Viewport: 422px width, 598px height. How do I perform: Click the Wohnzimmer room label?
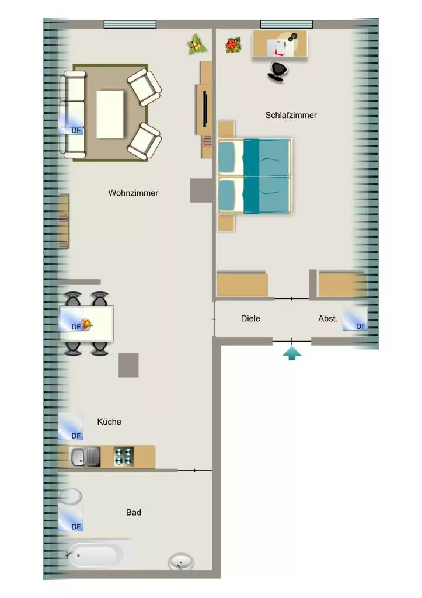pyautogui.click(x=133, y=193)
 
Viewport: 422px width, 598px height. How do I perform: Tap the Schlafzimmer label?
pyautogui.click(x=291, y=115)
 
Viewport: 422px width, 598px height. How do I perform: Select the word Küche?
pyautogui.click(x=109, y=422)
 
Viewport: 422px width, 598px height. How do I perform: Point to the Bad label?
pyautogui.click(x=134, y=512)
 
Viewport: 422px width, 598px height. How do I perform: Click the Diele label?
pyautogui.click(x=250, y=318)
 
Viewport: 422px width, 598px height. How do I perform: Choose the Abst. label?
pyautogui.click(x=328, y=318)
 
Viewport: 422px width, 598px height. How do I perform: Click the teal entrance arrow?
pyautogui.click(x=292, y=353)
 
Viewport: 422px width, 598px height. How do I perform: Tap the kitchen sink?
pyautogui.click(x=85, y=457)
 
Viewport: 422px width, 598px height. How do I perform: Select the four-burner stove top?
pyautogui.click(x=124, y=457)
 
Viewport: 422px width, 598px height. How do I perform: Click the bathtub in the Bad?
pyautogui.click(x=95, y=555)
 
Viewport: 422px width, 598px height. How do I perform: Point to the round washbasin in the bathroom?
pyautogui.click(x=181, y=562)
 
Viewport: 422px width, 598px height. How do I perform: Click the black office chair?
pyautogui.click(x=277, y=72)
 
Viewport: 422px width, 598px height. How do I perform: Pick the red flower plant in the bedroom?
pyautogui.click(x=233, y=46)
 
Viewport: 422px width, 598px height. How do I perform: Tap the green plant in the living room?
pyautogui.click(x=197, y=44)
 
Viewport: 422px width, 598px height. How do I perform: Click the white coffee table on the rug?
pyautogui.click(x=110, y=114)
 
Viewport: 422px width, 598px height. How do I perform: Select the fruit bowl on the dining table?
pyautogui.click(x=87, y=325)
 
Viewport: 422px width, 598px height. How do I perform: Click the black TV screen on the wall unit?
pyautogui.click(x=205, y=109)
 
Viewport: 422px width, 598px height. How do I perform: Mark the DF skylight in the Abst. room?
pyautogui.click(x=355, y=318)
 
